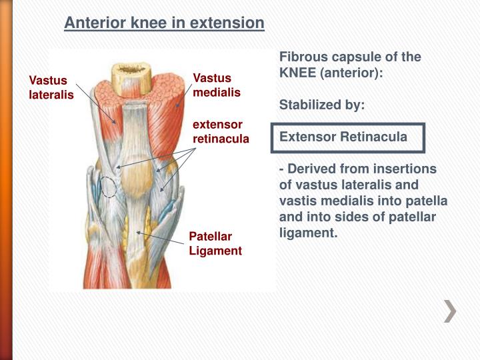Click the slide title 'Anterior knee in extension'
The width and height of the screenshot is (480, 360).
[164, 23]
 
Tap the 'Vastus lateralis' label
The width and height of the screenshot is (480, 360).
[51, 87]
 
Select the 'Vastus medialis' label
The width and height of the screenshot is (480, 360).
[216, 85]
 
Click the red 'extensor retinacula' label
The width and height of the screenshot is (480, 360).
[220, 132]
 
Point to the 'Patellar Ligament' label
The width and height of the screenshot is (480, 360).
[215, 243]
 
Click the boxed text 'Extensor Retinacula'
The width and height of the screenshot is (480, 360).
[343, 137]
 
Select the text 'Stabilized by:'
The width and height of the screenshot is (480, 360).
[322, 105]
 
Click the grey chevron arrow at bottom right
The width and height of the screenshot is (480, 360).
[451, 311]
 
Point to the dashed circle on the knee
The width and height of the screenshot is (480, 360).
[107, 187]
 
